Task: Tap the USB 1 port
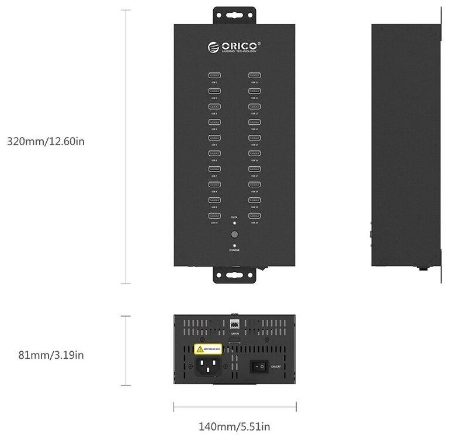click(x=214, y=75)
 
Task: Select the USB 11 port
click(x=254, y=75)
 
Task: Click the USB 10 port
click(x=214, y=216)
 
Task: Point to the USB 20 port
click(x=254, y=216)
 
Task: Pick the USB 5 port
click(x=214, y=138)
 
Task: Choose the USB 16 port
click(x=254, y=153)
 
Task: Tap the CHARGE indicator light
click(x=234, y=246)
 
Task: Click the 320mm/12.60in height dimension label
click(x=46, y=141)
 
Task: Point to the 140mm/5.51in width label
click(x=234, y=427)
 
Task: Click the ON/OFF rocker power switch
click(x=258, y=366)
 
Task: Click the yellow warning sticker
click(x=209, y=349)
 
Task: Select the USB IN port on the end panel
click(x=235, y=323)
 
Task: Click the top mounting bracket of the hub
click(x=234, y=15)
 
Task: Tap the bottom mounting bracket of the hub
click(x=234, y=275)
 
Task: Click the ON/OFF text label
click(x=276, y=366)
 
